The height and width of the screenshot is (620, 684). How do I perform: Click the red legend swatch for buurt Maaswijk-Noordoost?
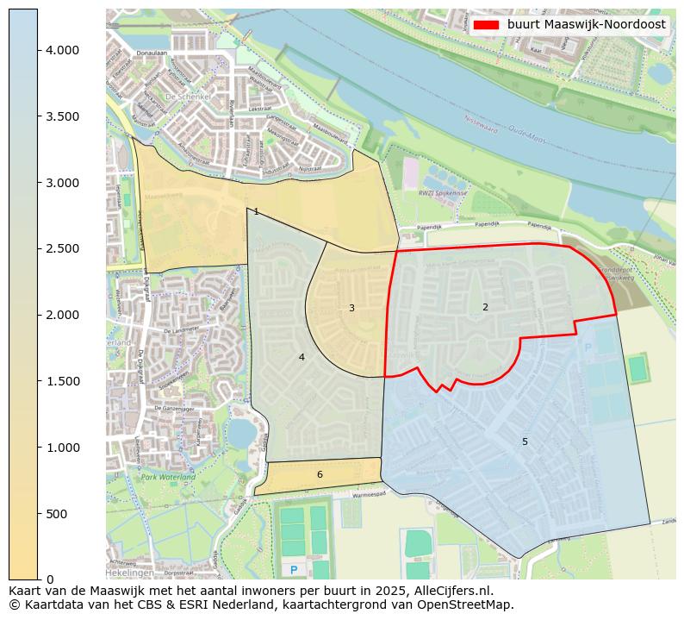click(487, 25)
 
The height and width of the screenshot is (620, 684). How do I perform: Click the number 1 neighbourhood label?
click(256, 211)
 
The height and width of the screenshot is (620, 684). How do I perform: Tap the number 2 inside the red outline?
click(485, 307)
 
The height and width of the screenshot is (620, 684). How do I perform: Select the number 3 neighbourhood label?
click(351, 308)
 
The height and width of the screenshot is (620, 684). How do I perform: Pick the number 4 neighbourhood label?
click(302, 357)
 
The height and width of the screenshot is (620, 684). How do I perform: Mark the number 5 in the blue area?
click(525, 442)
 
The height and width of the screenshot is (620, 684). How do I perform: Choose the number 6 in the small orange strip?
click(320, 474)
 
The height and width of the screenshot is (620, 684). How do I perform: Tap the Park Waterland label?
click(168, 477)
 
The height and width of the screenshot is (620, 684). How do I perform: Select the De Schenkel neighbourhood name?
click(182, 97)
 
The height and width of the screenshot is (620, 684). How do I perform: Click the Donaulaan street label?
click(152, 53)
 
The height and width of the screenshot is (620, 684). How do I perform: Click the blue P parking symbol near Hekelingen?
click(294, 570)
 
